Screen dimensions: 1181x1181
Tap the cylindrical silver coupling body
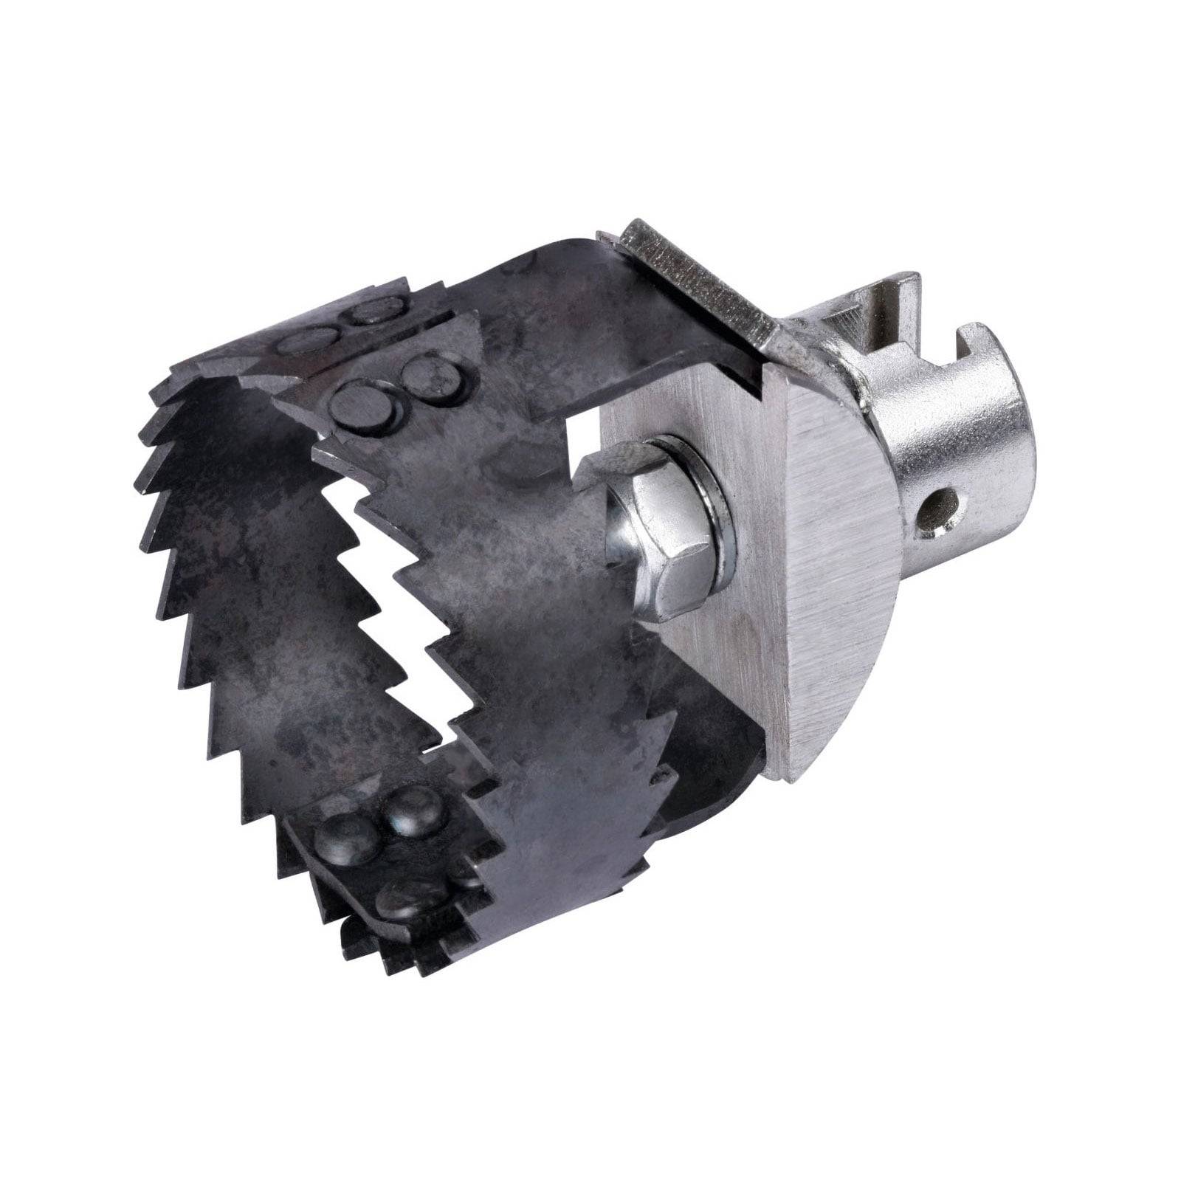960,450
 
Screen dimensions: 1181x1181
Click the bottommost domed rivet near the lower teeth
402,898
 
